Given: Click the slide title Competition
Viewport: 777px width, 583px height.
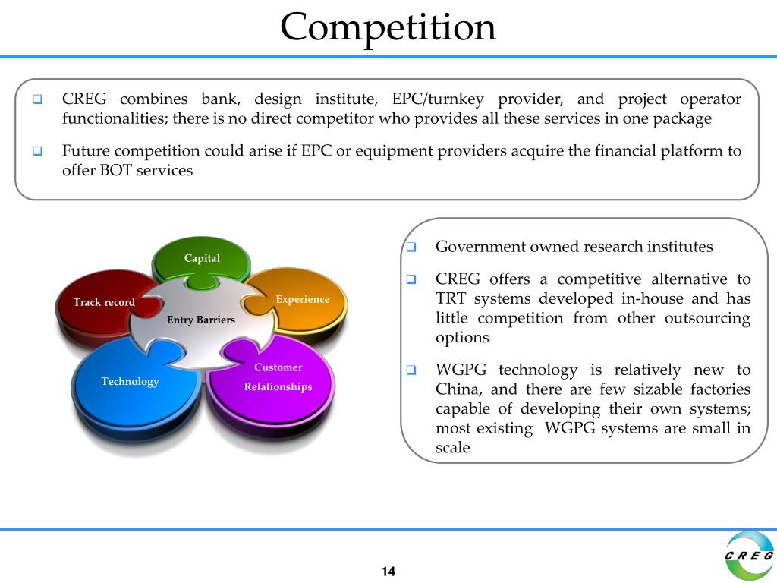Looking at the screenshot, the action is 388,27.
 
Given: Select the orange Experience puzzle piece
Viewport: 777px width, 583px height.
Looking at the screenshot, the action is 303,299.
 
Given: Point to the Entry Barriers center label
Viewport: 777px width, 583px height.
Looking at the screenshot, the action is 201,320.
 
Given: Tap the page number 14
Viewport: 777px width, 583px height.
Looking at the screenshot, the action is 388,572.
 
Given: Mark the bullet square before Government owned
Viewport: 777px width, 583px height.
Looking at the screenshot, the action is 411,247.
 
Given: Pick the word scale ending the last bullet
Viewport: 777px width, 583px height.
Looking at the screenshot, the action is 453,448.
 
